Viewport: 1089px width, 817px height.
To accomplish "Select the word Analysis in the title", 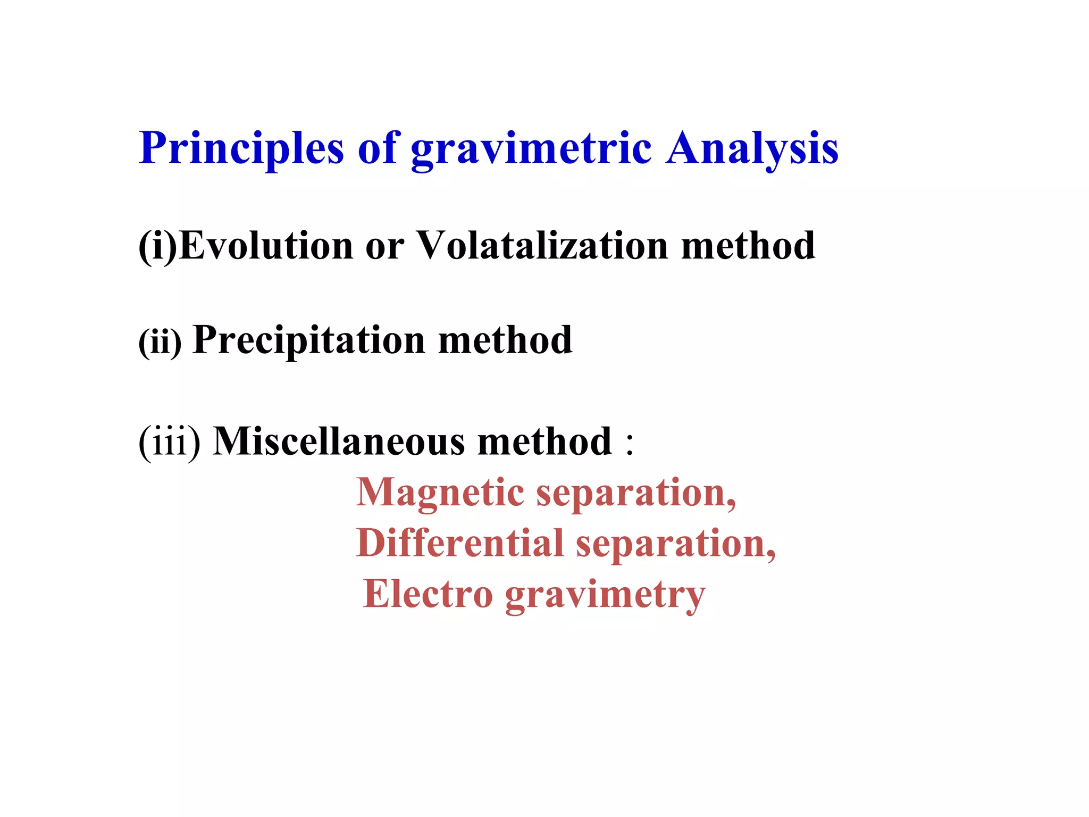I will point(752,149).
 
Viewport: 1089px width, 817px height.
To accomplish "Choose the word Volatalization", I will point(542,246).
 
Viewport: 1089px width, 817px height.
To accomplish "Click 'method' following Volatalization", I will point(748,246).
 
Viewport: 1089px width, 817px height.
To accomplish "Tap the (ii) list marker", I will point(160,341).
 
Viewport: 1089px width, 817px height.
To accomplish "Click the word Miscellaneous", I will point(339,441).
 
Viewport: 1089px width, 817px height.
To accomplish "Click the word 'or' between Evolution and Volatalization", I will point(384,247).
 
